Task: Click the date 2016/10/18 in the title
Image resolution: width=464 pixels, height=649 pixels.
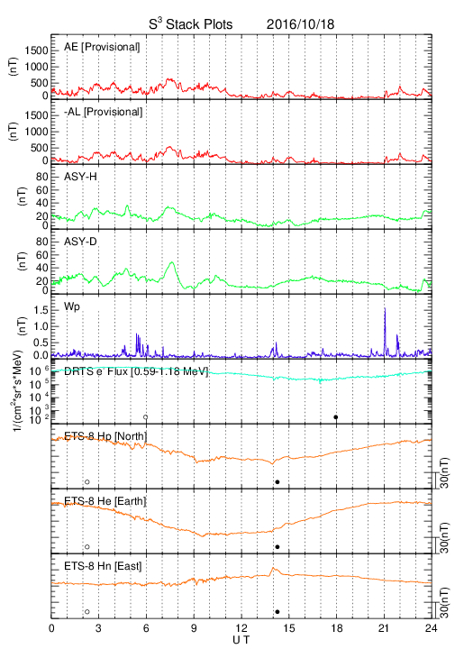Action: tap(300, 24)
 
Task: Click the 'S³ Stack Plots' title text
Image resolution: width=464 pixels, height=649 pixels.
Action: tap(191, 24)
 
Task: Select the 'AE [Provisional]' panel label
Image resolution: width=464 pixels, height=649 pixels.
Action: tap(102, 47)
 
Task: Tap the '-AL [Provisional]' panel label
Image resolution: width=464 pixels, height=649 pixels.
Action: tap(103, 112)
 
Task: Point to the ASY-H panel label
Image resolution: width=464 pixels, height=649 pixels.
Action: tap(80, 177)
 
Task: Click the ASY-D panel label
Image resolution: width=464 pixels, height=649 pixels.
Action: tap(80, 242)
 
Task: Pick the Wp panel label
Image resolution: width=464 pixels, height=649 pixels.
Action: tap(72, 307)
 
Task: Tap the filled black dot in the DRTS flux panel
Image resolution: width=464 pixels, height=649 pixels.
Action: tap(336, 417)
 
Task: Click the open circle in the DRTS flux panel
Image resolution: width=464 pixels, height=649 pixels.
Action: tap(146, 417)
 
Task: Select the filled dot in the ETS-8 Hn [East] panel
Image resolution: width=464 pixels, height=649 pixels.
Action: tap(277, 612)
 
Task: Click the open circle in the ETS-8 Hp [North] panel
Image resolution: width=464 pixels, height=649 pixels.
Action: tap(87, 481)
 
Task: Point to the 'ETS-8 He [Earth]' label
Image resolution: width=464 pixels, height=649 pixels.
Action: tap(105, 501)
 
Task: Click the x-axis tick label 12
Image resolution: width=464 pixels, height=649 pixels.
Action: tap(242, 628)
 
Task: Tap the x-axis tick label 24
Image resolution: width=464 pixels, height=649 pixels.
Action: tap(431, 628)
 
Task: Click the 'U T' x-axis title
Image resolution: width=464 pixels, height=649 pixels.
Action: tap(241, 640)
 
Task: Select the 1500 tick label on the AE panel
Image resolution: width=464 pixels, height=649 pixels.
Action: tap(36, 50)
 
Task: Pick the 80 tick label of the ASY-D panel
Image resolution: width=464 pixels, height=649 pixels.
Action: tap(42, 242)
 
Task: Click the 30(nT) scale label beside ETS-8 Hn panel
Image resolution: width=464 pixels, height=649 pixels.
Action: tap(444, 603)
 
